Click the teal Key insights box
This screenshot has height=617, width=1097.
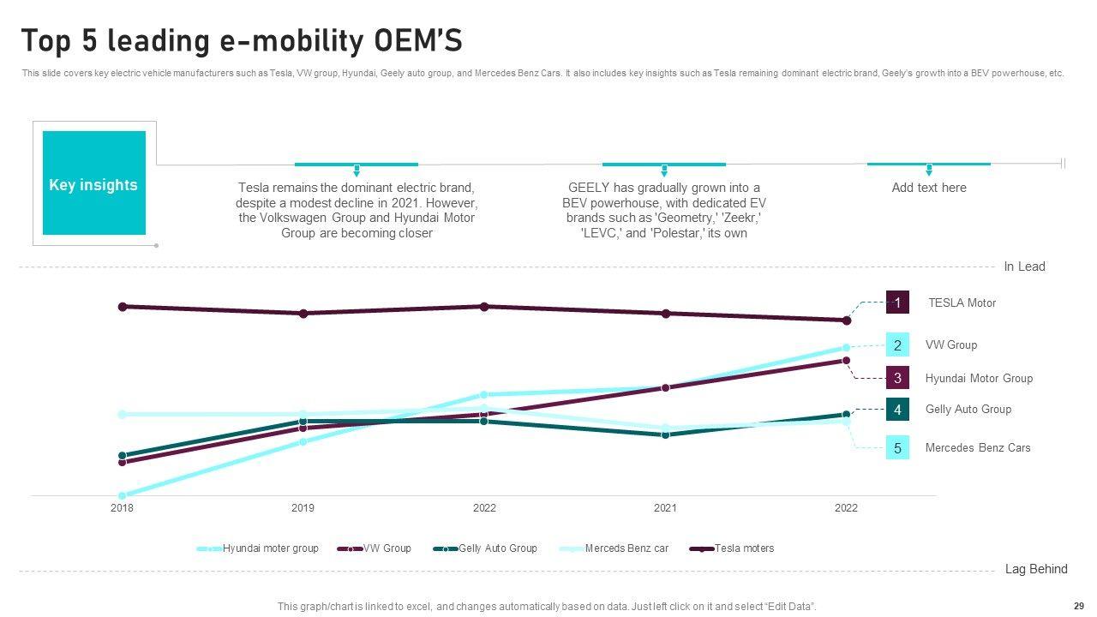[93, 183]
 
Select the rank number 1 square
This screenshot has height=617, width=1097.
[897, 303]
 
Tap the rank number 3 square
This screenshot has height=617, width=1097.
[897, 378]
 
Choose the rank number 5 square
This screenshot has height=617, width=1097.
[897, 447]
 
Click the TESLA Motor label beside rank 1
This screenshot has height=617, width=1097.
[962, 303]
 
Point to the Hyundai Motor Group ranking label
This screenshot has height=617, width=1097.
[979, 378]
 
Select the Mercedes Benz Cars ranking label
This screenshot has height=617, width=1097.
[978, 447]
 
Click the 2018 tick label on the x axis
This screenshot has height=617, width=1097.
[122, 508]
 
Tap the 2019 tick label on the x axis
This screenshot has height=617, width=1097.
[303, 508]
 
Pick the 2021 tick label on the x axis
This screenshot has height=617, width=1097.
[665, 508]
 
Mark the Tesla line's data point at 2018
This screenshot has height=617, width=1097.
[123, 306]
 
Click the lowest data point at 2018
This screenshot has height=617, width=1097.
[122, 495]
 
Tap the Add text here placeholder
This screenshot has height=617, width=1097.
[929, 188]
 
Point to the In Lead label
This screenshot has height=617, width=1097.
[1024, 267]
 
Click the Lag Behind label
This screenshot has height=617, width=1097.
[1036, 569]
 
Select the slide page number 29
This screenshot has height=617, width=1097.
[1078, 605]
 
